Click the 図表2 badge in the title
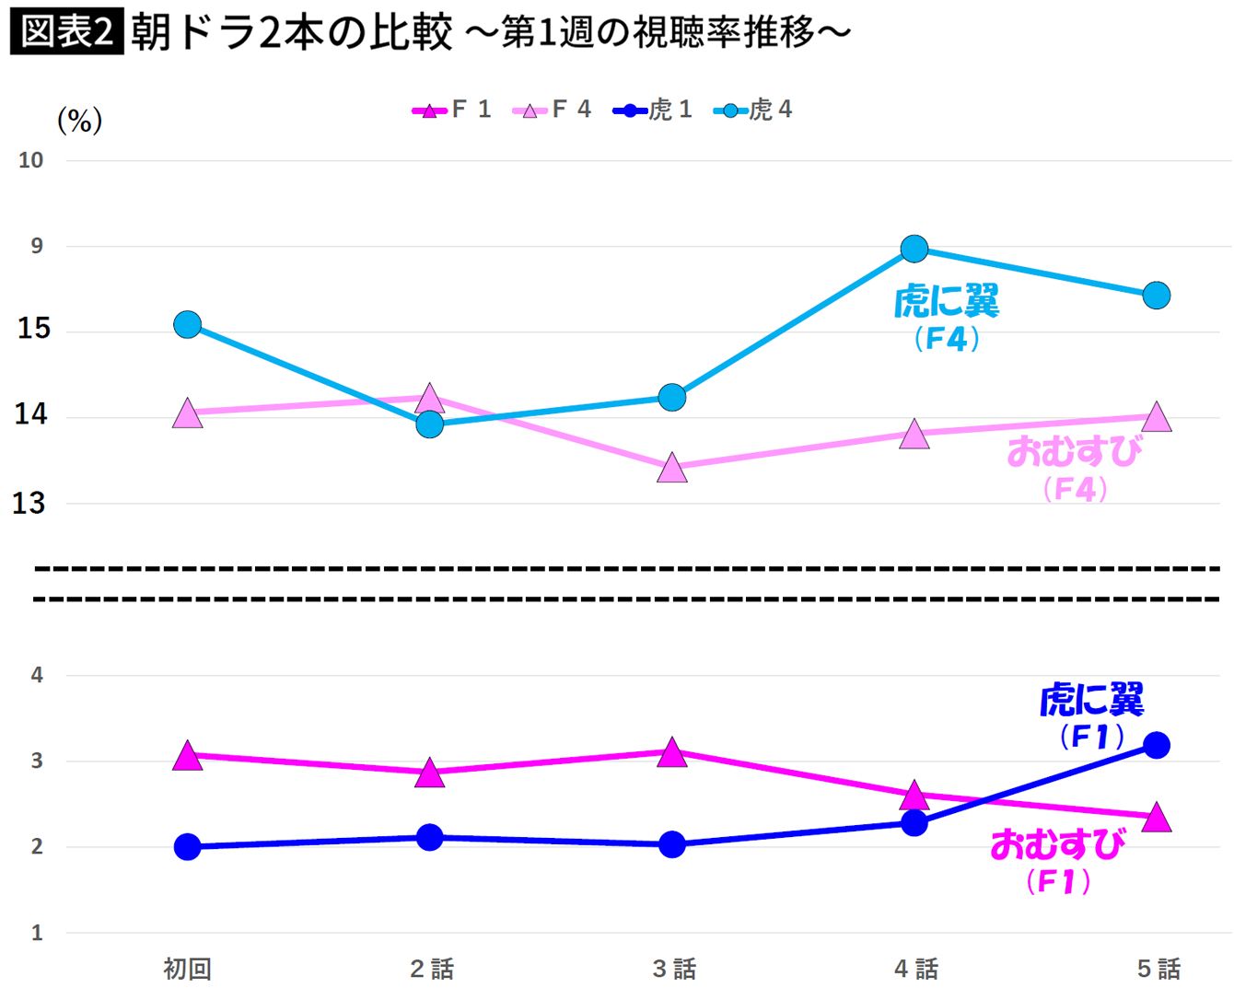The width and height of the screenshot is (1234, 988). (x=66, y=32)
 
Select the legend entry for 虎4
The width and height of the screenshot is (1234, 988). (x=753, y=110)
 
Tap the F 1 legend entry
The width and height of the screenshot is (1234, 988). (x=452, y=110)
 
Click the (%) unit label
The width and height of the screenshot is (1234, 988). (x=80, y=121)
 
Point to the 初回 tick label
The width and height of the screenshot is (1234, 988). (x=188, y=969)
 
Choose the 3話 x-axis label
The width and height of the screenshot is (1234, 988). (x=673, y=969)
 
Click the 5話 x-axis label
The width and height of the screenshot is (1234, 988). (x=1158, y=969)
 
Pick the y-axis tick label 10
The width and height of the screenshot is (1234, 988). (x=31, y=160)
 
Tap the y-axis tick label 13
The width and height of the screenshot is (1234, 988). (x=29, y=504)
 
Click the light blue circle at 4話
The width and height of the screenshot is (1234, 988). (x=914, y=249)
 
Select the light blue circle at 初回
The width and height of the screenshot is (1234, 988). (x=188, y=324)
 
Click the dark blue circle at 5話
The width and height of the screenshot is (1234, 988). (x=1157, y=745)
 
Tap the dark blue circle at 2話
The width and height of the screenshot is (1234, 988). (x=430, y=837)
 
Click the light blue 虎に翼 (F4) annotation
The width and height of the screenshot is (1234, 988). (x=947, y=318)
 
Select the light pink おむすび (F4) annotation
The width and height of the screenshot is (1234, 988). (x=1075, y=468)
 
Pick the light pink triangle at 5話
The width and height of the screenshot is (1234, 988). (x=1157, y=418)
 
